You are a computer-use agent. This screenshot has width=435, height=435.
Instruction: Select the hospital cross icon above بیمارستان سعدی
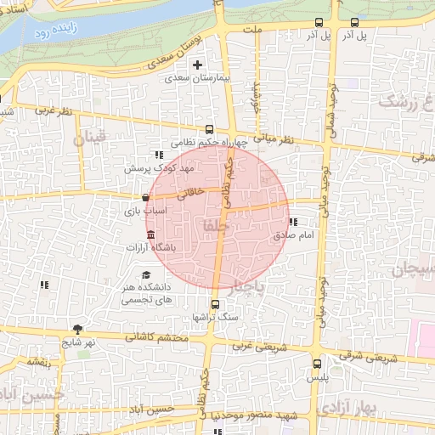coord(198,65)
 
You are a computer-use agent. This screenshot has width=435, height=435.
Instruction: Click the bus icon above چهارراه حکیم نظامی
coord(210,128)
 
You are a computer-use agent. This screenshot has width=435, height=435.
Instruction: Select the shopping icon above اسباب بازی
coord(147,197)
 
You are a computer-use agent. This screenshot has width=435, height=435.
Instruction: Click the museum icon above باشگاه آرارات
coord(150,234)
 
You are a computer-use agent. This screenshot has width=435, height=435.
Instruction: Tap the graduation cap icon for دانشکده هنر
coord(146,275)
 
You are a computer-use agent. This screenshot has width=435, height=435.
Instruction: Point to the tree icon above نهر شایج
coord(78,329)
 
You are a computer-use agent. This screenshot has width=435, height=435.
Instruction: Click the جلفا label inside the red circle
coord(211,226)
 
